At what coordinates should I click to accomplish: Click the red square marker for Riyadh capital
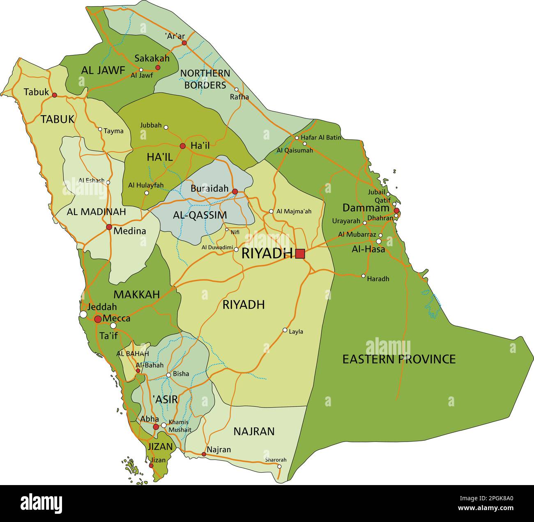pos(300,254)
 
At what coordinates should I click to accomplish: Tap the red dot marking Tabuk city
pos(54,95)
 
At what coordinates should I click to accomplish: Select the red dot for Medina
pos(109,227)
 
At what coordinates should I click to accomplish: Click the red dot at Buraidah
pos(235,192)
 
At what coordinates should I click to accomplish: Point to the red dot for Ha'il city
pos(183,146)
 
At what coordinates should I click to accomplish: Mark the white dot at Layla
pos(285,330)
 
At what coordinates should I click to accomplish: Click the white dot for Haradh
pos(363,276)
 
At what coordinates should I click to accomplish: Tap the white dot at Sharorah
pos(279,466)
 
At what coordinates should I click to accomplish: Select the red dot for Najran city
pos(204,454)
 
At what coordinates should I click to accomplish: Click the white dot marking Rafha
pos(236,89)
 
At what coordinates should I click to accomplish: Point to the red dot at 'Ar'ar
pos(184,43)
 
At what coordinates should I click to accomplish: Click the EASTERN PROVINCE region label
pos(399,359)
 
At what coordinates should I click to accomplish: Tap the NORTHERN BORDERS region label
pos(205,79)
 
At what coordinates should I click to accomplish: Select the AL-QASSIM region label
pos(200,215)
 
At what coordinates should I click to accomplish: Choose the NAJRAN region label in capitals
pos(253,431)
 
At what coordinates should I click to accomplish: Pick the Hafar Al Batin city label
pos(321,137)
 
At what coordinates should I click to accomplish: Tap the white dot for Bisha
pos(168,375)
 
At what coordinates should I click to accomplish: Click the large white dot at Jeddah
pos(83,314)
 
